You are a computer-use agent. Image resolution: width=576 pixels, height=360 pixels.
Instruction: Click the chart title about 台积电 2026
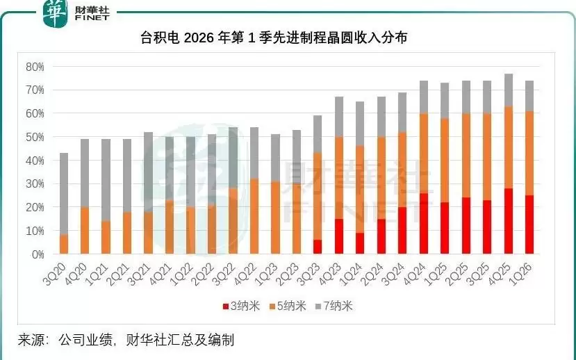coord(288,38)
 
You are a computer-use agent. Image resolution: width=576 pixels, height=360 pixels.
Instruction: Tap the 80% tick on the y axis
coord(35,67)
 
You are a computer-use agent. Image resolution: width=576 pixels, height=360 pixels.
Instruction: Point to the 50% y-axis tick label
coord(35,137)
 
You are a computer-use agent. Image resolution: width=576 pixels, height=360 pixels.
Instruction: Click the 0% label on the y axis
coord(38,254)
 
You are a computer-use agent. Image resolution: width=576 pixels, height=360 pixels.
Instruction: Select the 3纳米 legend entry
coord(239,306)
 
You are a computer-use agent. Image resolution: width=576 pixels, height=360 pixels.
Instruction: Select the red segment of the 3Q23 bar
coord(318,247)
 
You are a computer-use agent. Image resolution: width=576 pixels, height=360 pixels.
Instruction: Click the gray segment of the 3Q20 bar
coord(64,193)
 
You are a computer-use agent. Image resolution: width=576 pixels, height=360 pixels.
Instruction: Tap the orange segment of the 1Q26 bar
coord(529,153)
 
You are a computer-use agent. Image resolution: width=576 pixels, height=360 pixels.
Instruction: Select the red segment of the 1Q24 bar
coord(360,243)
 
